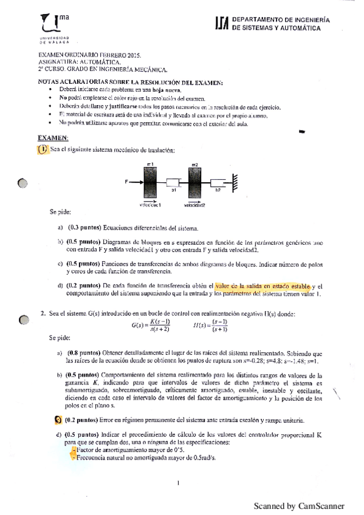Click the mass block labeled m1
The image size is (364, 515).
point(149,182)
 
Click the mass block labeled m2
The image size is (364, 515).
point(194,182)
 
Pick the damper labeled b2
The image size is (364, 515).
point(218,182)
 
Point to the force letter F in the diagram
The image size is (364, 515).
point(126,182)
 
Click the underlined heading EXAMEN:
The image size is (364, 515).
point(53,138)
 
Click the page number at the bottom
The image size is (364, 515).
point(179,483)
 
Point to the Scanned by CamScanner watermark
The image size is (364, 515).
point(299,506)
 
